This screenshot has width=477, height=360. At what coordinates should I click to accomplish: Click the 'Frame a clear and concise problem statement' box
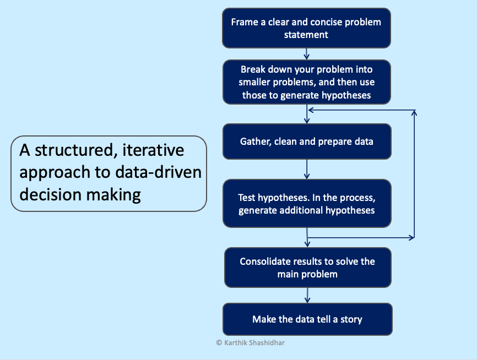coord(306,28)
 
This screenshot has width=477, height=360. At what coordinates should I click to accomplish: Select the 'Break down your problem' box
coord(307,82)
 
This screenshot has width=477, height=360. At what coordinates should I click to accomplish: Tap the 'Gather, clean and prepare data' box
coord(307,141)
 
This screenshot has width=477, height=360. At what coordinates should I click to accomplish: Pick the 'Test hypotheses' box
coord(307,204)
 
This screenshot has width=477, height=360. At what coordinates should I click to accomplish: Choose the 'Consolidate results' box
coord(307,268)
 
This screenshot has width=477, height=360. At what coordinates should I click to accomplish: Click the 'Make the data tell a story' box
coord(307,319)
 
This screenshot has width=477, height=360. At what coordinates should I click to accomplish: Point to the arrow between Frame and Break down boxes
coord(307,54)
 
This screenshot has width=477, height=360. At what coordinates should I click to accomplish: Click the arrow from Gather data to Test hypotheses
coord(307,170)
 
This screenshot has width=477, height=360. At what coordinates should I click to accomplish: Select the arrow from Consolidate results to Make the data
coord(307,295)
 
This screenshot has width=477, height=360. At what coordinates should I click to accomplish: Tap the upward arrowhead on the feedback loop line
coord(414,113)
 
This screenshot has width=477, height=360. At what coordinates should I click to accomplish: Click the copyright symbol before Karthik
coord(219,343)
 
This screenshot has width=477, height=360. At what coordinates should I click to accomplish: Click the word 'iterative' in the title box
coord(153,150)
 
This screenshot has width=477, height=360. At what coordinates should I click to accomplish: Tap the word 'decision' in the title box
coord(50,195)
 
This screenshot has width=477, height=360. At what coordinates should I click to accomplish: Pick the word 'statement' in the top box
coord(306,35)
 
